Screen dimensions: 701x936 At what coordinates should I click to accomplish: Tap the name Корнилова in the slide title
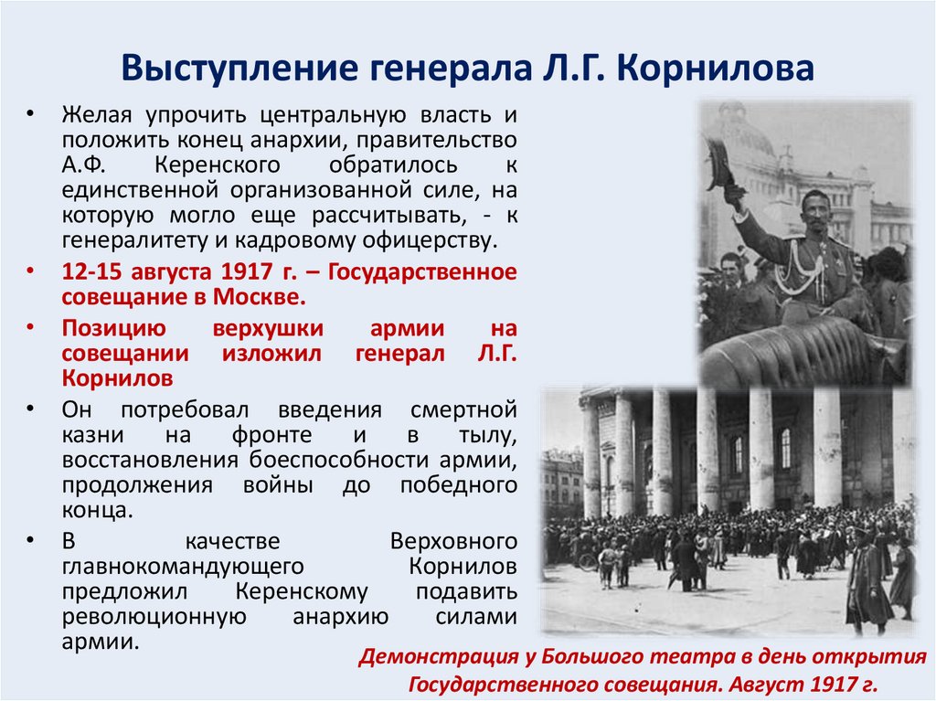coord(720,70)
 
